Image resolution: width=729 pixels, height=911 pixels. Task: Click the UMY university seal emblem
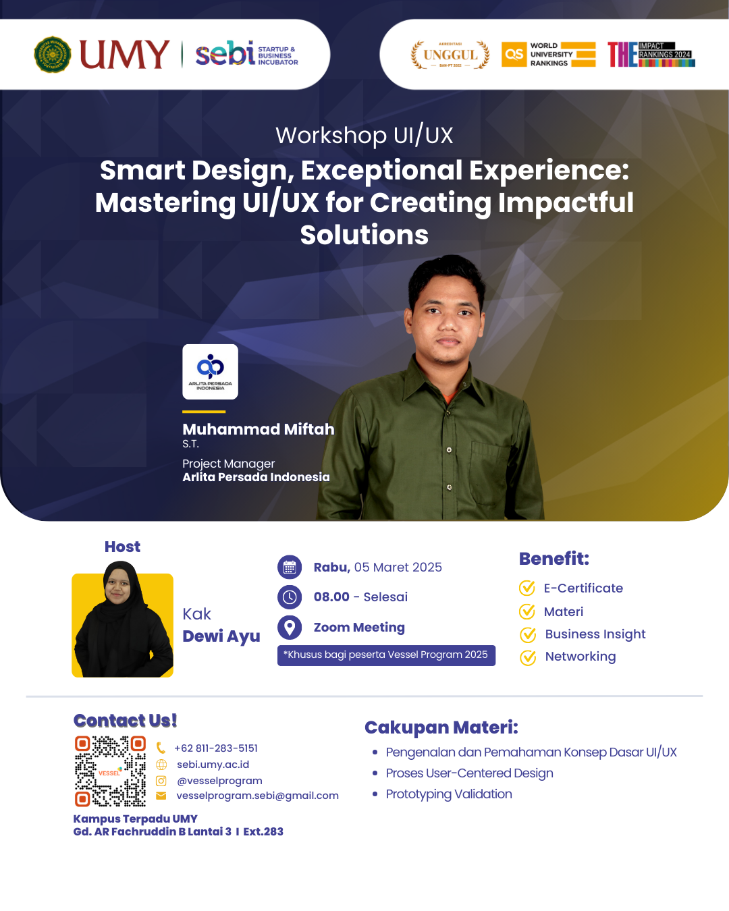coord(53,54)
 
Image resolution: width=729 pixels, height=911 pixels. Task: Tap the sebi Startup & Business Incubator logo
coord(246,54)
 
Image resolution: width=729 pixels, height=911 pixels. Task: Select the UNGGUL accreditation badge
coord(450,55)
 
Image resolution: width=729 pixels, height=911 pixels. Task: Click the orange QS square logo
coord(514,54)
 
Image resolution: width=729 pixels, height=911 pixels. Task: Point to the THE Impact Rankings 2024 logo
coord(651,54)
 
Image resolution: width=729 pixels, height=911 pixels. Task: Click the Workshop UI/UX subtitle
coord(364,136)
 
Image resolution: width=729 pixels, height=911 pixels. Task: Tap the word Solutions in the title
coord(364,235)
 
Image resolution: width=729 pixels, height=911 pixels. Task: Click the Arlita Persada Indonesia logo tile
coord(210,372)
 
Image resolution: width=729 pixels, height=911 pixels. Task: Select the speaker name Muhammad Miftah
coord(259,429)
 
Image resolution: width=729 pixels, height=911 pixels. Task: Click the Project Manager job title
coord(229,464)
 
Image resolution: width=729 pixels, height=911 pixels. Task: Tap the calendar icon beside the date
coord(290,568)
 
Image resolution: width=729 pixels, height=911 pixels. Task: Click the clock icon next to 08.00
coord(290,597)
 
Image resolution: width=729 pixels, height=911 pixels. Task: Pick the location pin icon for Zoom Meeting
coord(290,628)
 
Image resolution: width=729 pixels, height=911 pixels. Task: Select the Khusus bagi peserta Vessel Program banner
coord(386,655)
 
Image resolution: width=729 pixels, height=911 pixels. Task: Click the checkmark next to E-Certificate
coord(527,588)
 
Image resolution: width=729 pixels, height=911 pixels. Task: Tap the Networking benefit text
coord(580,657)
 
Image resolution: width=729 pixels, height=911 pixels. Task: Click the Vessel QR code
coord(111,771)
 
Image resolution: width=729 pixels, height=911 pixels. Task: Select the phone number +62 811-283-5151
coord(216,748)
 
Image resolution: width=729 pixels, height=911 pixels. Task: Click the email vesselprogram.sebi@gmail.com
coord(258,796)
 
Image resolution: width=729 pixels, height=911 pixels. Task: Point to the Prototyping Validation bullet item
coord(449,794)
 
